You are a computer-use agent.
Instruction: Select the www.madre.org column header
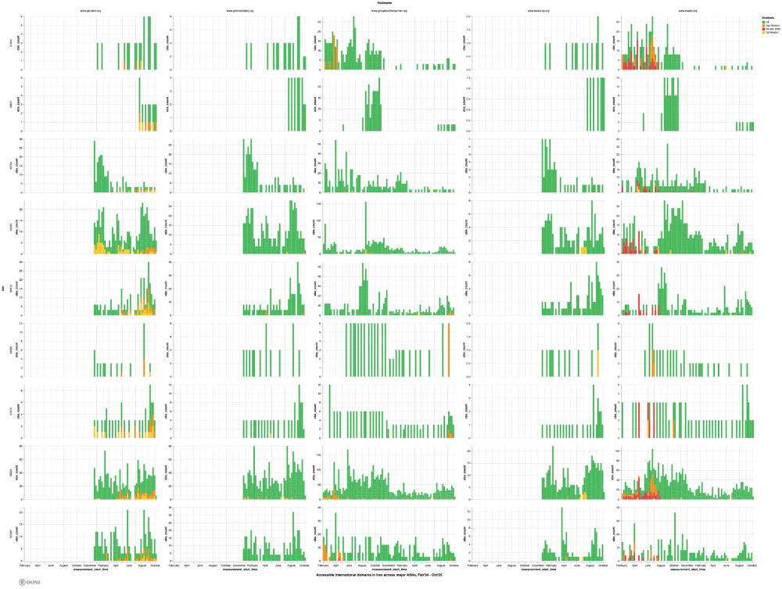click(688, 11)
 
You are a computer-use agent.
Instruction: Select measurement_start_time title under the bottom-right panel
click(688, 569)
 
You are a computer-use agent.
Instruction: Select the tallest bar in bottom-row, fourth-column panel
click(561, 510)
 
